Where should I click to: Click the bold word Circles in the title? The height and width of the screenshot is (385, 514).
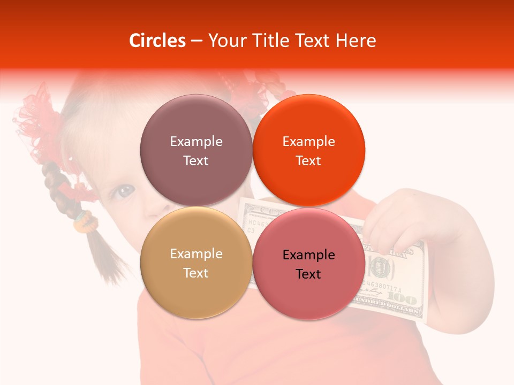tap(157, 41)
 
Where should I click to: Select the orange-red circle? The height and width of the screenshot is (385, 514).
tap(308, 150)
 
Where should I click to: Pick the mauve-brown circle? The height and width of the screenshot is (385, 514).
tap(196, 150)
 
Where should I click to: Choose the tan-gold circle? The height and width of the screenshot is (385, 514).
tap(196, 263)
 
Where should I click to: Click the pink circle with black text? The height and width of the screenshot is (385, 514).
tap(308, 264)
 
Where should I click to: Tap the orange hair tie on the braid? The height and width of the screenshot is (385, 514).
tap(82, 221)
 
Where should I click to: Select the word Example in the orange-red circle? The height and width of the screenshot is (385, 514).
tap(308, 141)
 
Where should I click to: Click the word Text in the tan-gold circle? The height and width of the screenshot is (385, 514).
tap(196, 273)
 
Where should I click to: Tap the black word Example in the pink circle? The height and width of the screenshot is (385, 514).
tap(308, 255)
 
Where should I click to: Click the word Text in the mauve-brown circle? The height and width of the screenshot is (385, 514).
tap(196, 160)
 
